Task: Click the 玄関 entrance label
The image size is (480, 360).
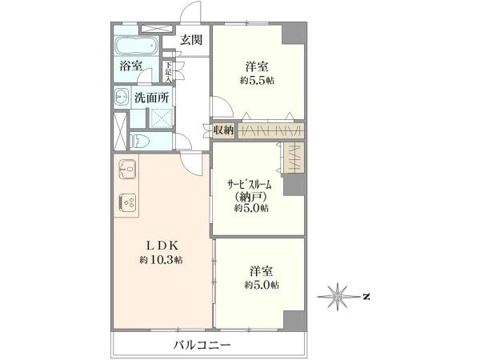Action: (190, 40)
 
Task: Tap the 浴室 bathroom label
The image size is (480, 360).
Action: (132, 66)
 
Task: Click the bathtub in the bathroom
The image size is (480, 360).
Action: (138, 45)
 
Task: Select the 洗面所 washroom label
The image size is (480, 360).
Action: (150, 98)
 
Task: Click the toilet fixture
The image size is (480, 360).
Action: (137, 141)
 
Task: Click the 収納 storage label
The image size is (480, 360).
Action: (224, 130)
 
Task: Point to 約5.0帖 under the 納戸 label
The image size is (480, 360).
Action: (251, 209)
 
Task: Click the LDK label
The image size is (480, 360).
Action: (161, 246)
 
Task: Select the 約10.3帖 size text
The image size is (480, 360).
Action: (161, 260)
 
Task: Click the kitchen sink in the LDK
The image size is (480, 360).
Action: (128, 170)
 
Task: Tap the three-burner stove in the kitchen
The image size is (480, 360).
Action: (128, 202)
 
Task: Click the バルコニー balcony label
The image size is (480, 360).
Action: (202, 345)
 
